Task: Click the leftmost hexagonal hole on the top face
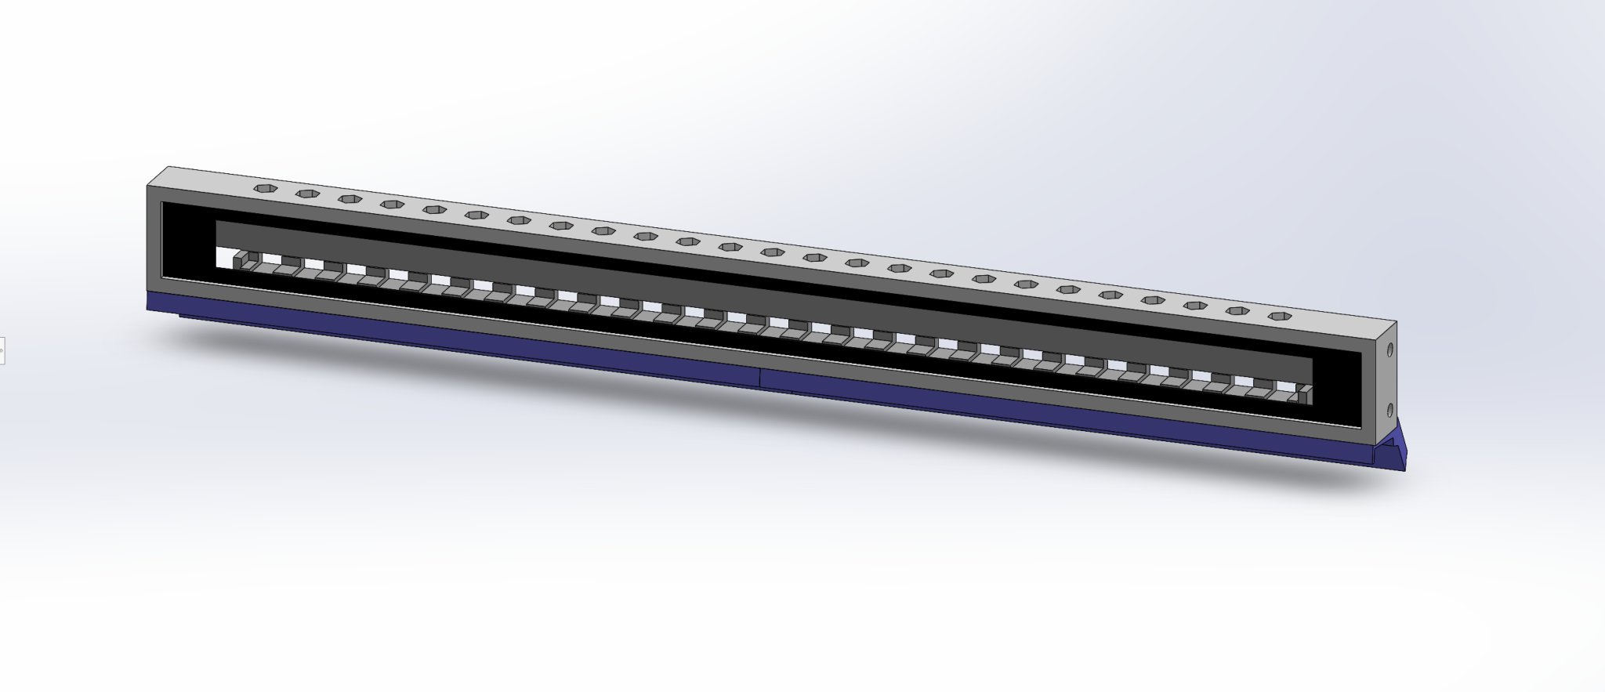(x=266, y=188)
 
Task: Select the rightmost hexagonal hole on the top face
(x=1281, y=317)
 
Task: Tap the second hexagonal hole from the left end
(x=308, y=194)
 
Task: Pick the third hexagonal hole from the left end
(x=350, y=199)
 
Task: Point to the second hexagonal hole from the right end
(x=1237, y=311)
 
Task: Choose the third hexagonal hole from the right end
(x=1194, y=306)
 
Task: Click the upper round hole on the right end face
(x=1390, y=350)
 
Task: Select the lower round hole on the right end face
(x=1390, y=409)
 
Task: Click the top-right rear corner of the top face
(x=1396, y=321)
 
